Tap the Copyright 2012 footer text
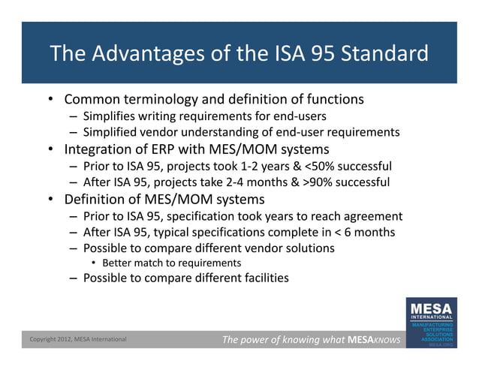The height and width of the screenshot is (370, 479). pos(78,341)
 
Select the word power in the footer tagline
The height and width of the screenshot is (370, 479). pos(264,341)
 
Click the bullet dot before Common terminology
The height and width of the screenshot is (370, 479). pos(50,100)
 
